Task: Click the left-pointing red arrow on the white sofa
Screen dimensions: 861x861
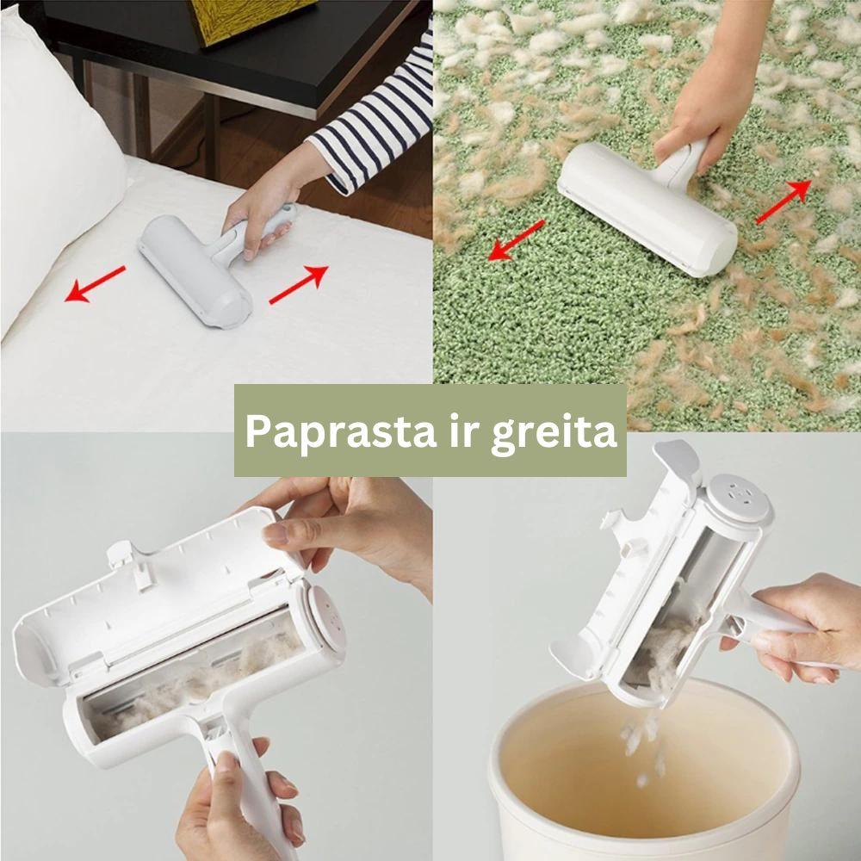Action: [x=95, y=284]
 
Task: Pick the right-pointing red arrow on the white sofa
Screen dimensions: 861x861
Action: [x=299, y=284]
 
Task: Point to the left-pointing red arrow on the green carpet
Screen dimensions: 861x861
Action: [x=517, y=240]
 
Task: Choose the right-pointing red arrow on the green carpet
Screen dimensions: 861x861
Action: [x=784, y=202]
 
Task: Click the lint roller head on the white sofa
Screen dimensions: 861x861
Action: [x=195, y=271]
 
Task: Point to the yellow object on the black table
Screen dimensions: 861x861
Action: [x=250, y=19]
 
